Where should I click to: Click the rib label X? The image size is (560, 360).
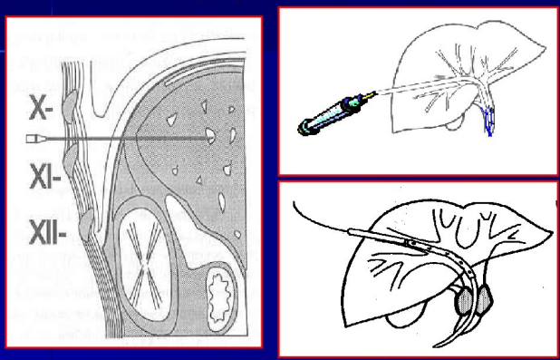tap(39, 108)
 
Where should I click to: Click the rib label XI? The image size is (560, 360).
tap(43, 175)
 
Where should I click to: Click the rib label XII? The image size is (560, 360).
tap(46, 232)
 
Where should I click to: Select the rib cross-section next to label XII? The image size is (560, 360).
tap(86, 225)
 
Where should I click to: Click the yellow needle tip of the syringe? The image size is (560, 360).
tap(371, 94)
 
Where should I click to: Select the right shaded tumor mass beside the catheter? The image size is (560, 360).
tap(485, 299)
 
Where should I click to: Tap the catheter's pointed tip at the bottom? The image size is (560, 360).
tap(435, 346)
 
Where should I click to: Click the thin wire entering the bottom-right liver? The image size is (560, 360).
tap(320, 219)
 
